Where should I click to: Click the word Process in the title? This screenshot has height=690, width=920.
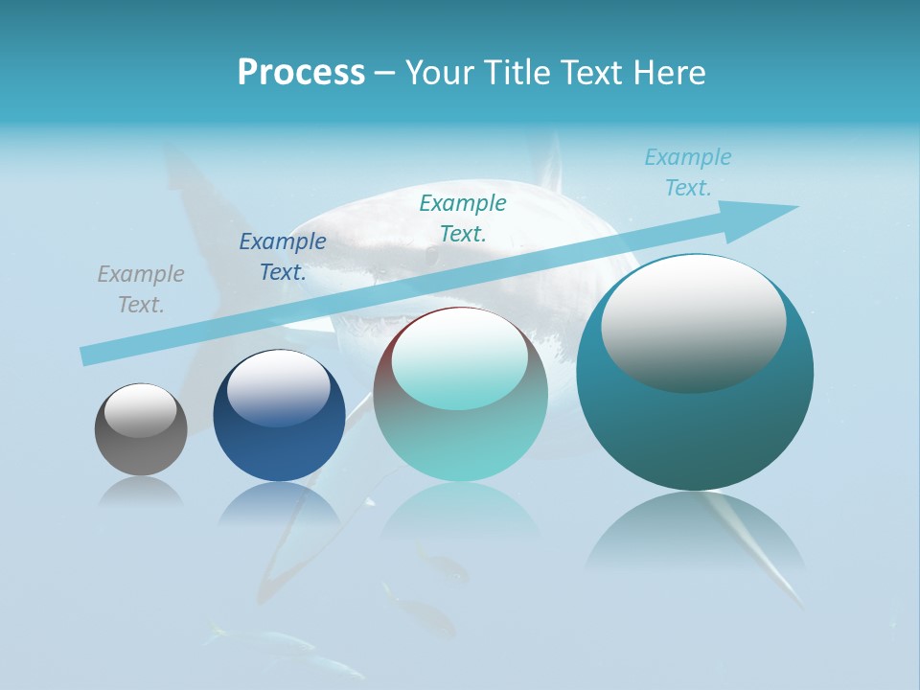(x=301, y=73)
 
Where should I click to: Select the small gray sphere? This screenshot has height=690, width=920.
(x=141, y=430)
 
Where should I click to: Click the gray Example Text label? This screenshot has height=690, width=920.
(x=141, y=289)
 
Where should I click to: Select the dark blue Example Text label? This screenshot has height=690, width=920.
(x=283, y=257)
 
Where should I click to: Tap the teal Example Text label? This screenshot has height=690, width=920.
(x=463, y=218)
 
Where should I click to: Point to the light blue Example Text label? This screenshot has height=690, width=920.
(x=688, y=172)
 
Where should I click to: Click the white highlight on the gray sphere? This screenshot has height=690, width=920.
(x=141, y=409)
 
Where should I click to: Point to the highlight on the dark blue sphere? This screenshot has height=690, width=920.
(x=278, y=386)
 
